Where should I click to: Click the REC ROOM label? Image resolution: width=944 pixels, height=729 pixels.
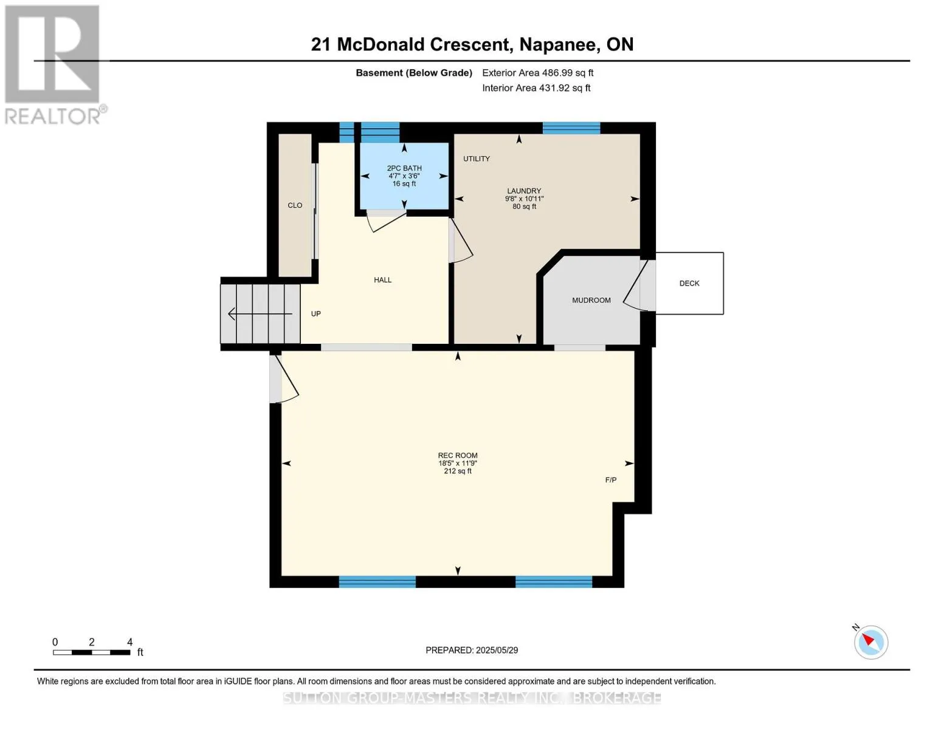(x=458, y=456)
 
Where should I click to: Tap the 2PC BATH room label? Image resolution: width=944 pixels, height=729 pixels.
(x=404, y=168)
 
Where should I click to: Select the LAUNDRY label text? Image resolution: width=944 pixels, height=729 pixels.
(x=524, y=191)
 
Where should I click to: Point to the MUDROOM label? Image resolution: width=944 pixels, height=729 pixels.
(x=591, y=300)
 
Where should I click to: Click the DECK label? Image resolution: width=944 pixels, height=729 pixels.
(x=689, y=283)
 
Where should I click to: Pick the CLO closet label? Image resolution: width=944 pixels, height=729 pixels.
(x=295, y=205)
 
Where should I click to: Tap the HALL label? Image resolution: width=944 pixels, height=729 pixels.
(x=383, y=280)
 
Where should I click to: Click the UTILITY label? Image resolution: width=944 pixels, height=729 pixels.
(x=476, y=159)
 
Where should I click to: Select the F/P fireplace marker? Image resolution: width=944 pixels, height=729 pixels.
(x=611, y=480)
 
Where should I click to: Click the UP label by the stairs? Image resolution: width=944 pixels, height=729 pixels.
(x=316, y=313)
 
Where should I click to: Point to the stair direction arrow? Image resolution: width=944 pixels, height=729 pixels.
(x=260, y=313)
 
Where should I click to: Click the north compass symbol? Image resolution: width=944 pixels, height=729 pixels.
(x=870, y=642)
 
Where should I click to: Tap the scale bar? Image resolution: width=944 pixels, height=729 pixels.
(x=92, y=652)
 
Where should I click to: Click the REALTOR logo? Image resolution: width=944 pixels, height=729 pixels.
(x=53, y=65)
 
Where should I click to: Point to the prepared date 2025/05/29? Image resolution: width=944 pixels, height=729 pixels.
(x=497, y=650)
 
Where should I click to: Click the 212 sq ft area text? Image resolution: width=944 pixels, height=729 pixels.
(x=458, y=471)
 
